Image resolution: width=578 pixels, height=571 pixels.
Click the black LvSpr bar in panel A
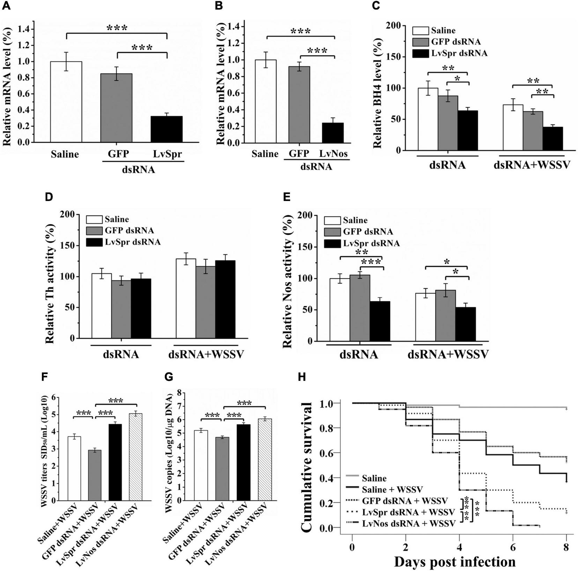tap(166, 129)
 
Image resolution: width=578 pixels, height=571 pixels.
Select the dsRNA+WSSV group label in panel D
tap(206, 355)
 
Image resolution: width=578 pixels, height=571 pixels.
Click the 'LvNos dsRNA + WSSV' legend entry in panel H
tap(409, 523)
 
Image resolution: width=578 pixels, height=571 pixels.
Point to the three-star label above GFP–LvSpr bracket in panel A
tap(142, 47)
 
